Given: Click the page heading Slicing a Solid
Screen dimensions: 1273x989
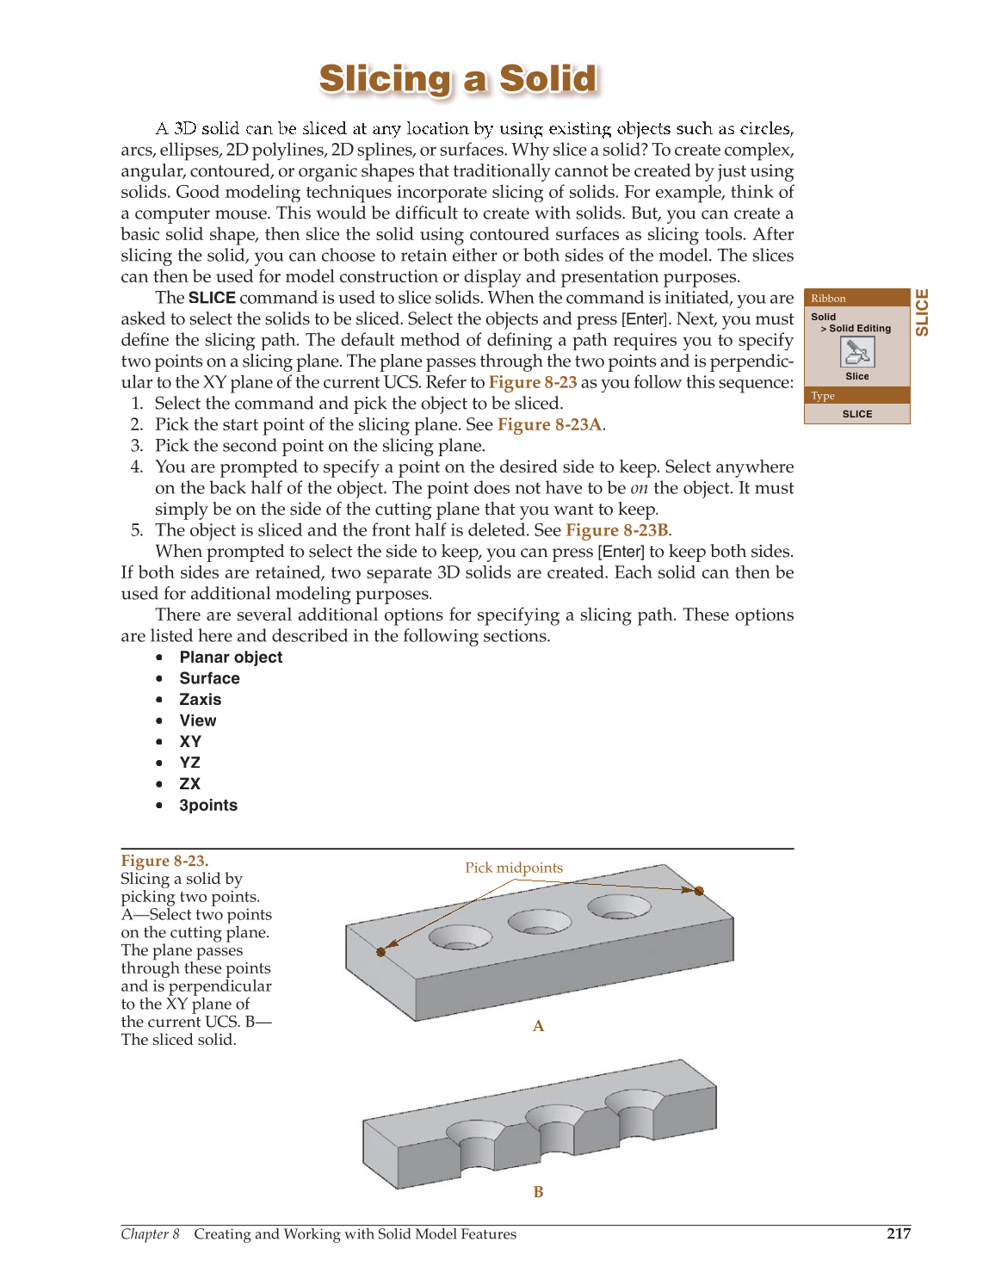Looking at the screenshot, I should [458, 78].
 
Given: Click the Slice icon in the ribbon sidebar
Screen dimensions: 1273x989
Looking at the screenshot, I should [856, 351].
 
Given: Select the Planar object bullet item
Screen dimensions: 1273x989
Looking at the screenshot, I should [231, 658].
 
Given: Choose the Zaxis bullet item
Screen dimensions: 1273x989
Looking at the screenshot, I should [200, 700].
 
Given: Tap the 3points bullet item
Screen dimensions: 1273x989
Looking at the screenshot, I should [207, 806].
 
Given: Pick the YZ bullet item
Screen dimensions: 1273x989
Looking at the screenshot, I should [189, 763].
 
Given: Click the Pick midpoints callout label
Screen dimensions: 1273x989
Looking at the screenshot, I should [514, 868].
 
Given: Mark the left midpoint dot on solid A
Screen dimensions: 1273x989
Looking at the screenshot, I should [381, 952].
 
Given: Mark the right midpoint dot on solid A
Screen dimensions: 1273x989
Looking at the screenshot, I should [699, 891].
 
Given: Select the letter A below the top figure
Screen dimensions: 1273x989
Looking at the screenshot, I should [538, 1026].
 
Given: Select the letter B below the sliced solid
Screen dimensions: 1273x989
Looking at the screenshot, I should [538, 1192].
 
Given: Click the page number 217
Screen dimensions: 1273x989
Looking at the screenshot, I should [898, 1233].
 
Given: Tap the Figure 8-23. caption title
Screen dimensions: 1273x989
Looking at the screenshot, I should [164, 861].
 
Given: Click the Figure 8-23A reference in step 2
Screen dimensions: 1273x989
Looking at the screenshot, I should [549, 424].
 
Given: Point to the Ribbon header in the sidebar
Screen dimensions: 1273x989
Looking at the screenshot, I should [828, 299].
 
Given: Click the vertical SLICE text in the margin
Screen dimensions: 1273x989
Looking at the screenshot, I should [922, 312].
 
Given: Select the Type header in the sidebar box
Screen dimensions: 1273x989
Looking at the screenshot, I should [823, 396].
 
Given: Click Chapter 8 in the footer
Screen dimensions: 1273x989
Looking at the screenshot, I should [150, 1234].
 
